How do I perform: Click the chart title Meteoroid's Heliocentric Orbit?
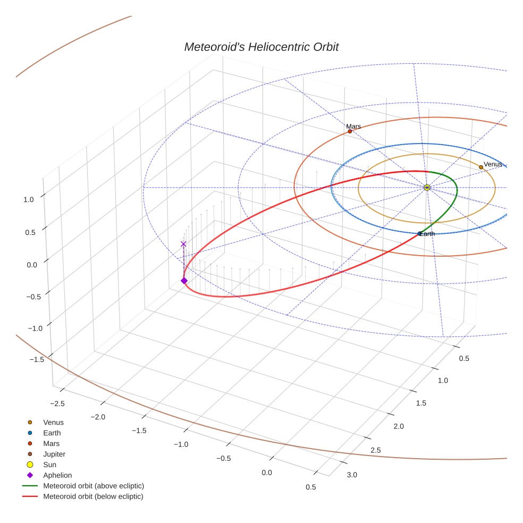click(x=261, y=47)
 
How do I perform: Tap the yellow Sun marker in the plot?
click(x=427, y=188)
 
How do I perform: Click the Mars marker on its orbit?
click(x=350, y=131)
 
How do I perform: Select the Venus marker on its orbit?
click(x=481, y=167)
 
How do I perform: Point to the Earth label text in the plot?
click(x=427, y=234)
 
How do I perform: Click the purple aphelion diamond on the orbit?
click(x=184, y=281)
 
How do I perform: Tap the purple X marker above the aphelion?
click(x=184, y=244)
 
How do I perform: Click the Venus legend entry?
click(x=53, y=423)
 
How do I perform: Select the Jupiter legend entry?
click(x=54, y=454)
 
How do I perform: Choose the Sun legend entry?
click(x=50, y=465)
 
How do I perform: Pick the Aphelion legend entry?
click(x=57, y=476)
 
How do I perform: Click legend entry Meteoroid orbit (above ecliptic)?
click(x=93, y=486)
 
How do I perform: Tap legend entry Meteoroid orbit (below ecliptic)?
click(x=93, y=496)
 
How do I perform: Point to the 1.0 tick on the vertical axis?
click(x=29, y=199)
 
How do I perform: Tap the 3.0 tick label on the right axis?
click(x=352, y=475)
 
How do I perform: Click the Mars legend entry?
click(x=52, y=444)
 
